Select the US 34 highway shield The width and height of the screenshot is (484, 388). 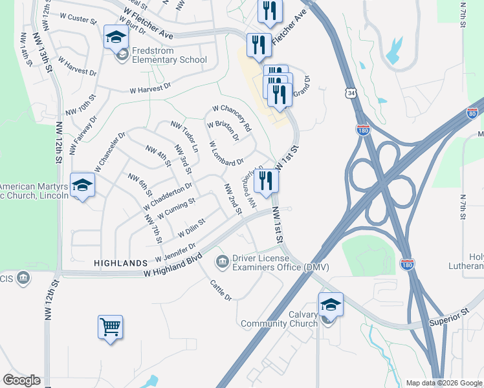(351, 94)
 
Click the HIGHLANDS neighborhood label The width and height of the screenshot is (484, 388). (121, 263)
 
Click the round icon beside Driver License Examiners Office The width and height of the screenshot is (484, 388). (222, 260)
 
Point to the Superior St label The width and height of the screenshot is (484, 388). (449, 315)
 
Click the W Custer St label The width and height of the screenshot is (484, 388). (77, 19)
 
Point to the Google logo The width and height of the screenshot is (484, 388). (21, 380)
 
